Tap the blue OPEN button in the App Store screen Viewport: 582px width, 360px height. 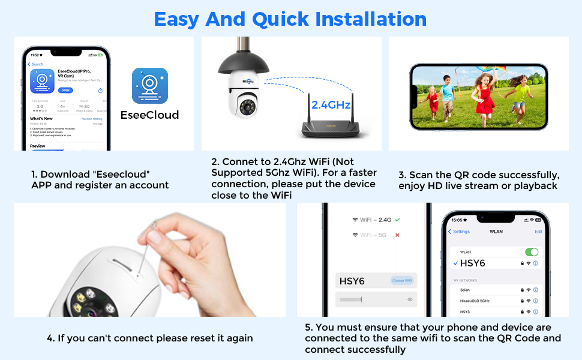[66, 90]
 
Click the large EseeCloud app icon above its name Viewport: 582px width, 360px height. [149, 85]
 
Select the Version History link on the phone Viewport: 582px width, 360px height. [92, 119]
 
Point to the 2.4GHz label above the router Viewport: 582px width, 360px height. [331, 104]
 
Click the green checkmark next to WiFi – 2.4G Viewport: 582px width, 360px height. [397, 220]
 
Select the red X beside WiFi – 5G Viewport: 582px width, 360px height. [397, 235]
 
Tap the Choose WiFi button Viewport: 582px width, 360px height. [401, 281]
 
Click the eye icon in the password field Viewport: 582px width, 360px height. [410, 299]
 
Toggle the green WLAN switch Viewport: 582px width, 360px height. [531, 252]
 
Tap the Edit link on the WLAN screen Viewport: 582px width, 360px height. [538, 232]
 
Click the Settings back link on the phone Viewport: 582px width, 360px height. [460, 232]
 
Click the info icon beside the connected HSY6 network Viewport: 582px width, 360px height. [536, 263]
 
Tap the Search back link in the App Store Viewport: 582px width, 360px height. [36, 64]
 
